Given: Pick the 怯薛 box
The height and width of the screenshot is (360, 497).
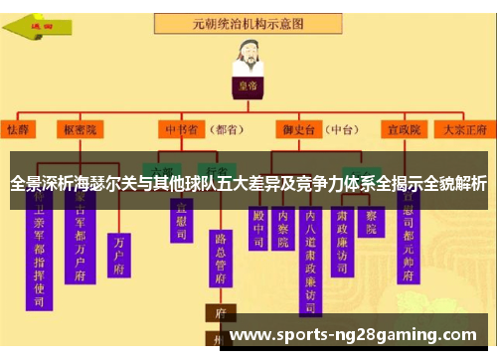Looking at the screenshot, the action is (x=18, y=129).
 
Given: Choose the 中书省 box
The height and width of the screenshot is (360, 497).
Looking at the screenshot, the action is (x=180, y=129).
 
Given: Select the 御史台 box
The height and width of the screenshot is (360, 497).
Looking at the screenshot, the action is (x=297, y=129).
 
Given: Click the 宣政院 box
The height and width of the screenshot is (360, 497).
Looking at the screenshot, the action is (x=406, y=129).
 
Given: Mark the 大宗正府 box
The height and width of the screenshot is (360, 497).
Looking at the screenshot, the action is (x=464, y=129).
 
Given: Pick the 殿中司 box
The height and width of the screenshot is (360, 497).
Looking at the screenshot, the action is (x=259, y=226).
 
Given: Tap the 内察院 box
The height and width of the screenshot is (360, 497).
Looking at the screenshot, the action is (x=284, y=226).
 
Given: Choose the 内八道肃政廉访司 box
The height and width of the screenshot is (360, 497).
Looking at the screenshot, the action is (x=311, y=255).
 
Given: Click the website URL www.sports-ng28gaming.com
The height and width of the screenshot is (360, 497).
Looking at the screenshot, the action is (x=354, y=335).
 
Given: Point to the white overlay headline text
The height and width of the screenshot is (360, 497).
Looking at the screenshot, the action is (x=248, y=183).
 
